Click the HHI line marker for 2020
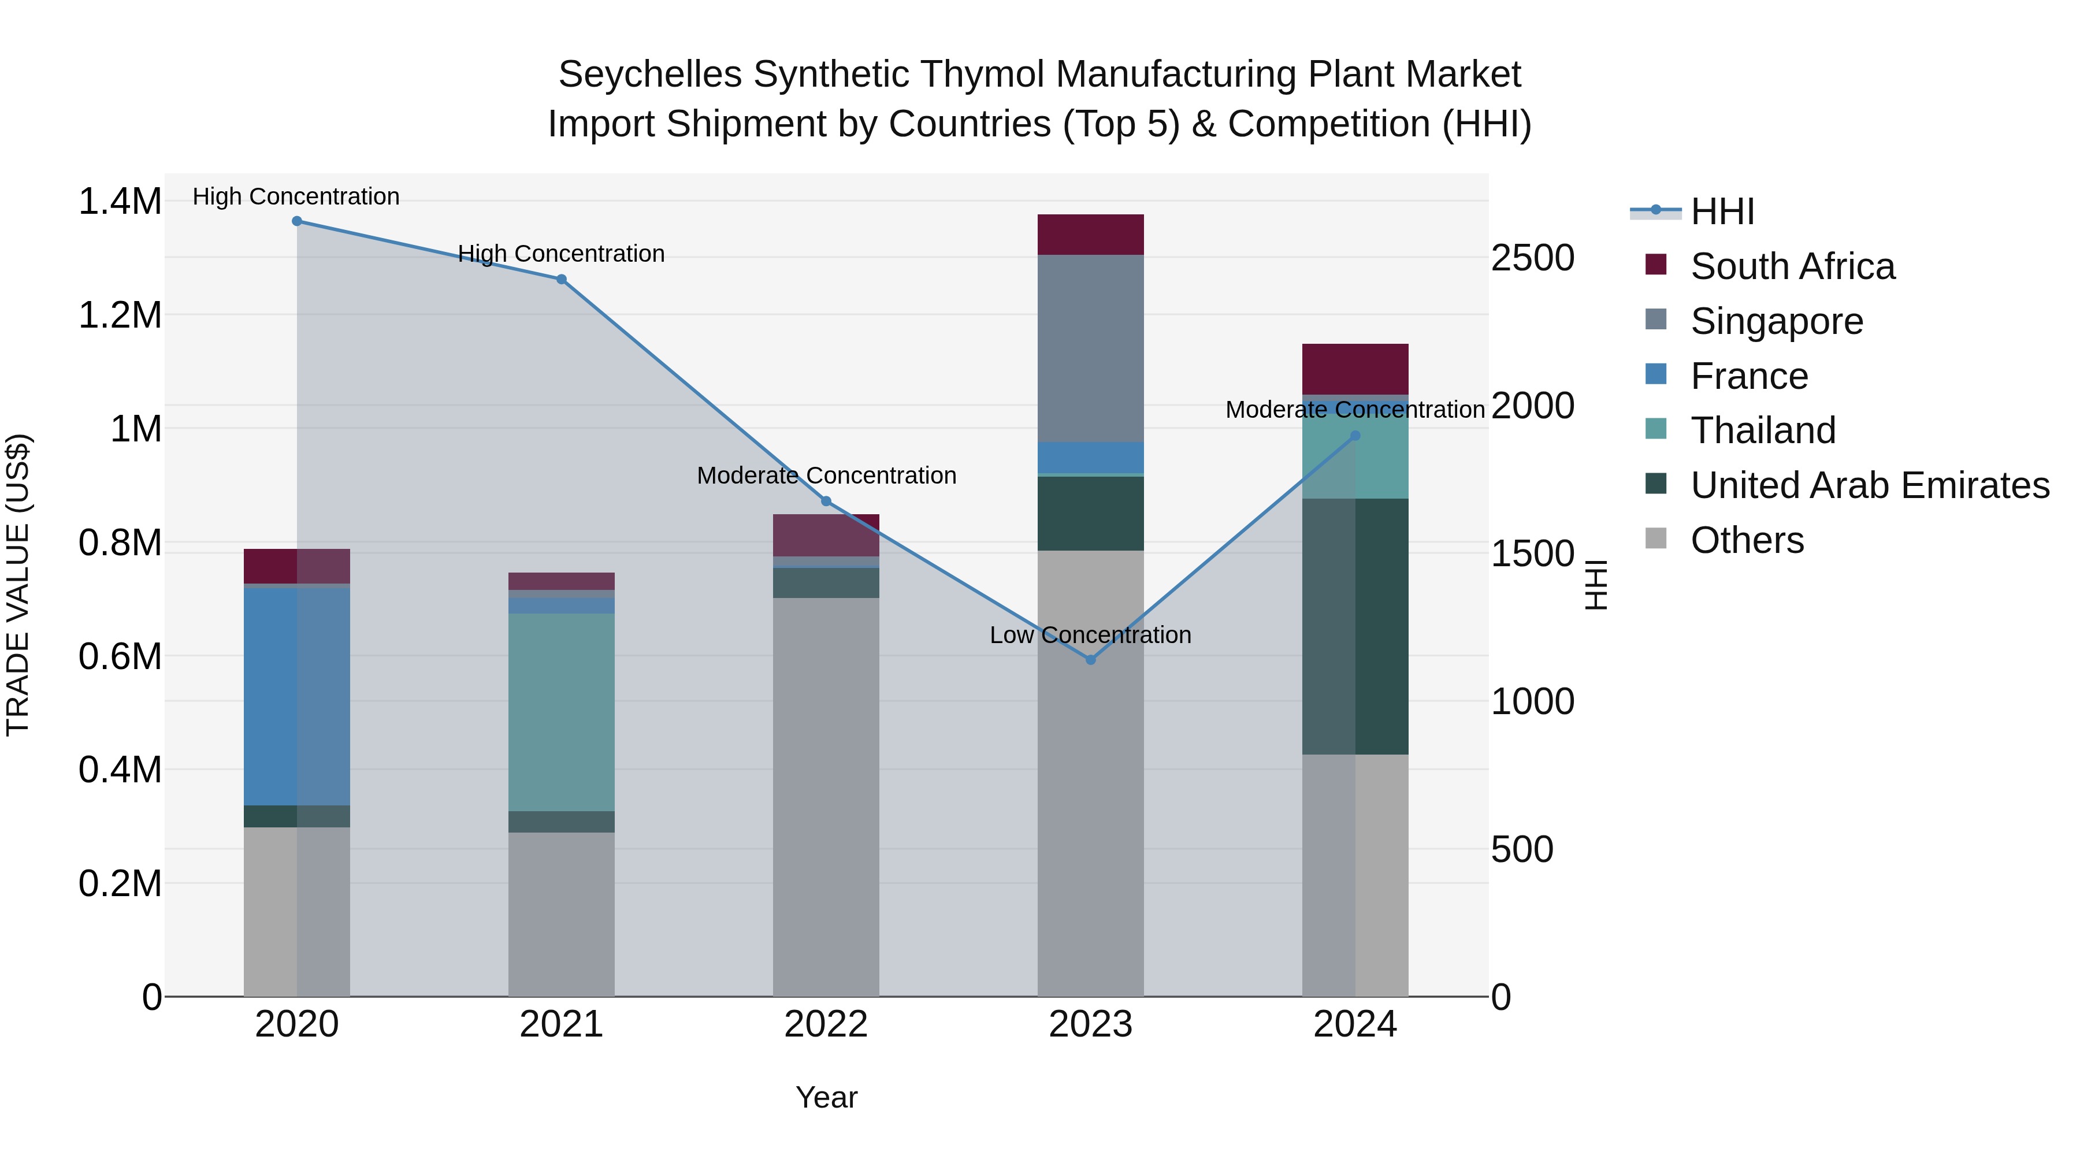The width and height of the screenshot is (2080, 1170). (x=296, y=221)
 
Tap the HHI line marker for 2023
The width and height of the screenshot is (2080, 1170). (x=1090, y=660)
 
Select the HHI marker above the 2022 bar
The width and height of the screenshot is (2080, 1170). (x=826, y=502)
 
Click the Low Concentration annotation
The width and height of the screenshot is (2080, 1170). (x=1090, y=636)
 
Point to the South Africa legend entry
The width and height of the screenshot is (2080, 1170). (x=1792, y=266)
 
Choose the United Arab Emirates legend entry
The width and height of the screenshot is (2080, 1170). (x=1869, y=485)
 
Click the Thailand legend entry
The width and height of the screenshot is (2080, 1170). (x=1763, y=430)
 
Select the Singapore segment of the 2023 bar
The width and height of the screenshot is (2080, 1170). (x=1090, y=347)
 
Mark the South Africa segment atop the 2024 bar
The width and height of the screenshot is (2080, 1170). (x=1355, y=369)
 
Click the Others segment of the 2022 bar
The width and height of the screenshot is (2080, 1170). (x=826, y=796)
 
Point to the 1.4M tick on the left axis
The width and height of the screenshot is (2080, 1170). (x=120, y=201)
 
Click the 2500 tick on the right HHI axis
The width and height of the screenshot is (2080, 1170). (x=1532, y=258)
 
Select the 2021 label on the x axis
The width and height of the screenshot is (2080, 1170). (x=561, y=1024)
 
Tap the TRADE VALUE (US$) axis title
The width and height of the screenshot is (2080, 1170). (x=18, y=585)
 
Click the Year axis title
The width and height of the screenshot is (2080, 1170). (x=826, y=1097)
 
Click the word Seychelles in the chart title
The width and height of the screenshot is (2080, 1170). (x=649, y=75)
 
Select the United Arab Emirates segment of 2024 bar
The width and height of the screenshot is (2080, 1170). (x=1355, y=626)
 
